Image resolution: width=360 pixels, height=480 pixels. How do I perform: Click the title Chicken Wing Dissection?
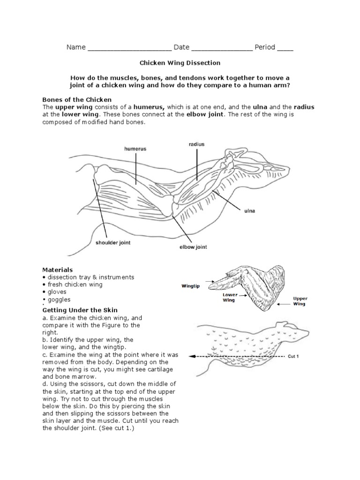pos(180,62)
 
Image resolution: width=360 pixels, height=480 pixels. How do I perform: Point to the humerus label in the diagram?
pos(135,149)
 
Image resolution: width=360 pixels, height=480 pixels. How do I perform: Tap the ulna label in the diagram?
pos(249,211)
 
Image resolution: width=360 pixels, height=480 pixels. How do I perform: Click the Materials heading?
pos(58,270)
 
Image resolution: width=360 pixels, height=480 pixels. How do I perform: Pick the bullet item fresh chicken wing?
pos(75,285)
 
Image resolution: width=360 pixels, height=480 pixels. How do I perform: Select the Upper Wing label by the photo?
pos(300,301)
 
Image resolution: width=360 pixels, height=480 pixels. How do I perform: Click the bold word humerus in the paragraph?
pos(147,107)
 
